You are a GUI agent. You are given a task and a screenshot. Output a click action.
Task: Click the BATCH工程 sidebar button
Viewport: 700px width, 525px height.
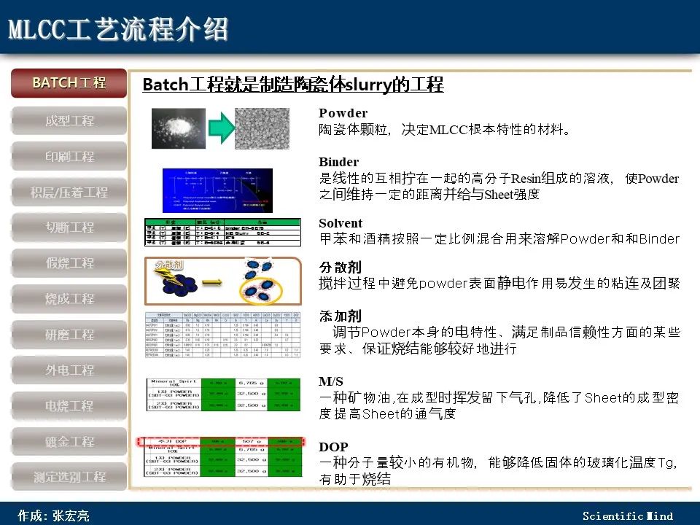pyautogui.click(x=69, y=83)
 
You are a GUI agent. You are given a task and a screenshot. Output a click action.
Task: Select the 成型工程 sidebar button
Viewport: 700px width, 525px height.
pyautogui.click(x=69, y=120)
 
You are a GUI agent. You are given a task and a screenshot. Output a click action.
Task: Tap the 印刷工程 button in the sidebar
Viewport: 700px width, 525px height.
pyautogui.click(x=69, y=156)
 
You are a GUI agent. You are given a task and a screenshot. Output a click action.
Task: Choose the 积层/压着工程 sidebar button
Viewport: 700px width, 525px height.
pyautogui.click(x=69, y=192)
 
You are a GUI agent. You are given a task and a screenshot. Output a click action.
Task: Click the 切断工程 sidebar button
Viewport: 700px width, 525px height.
pyautogui.click(x=69, y=227)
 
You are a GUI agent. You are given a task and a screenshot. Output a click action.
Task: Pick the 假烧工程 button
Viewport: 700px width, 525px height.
pyautogui.click(x=69, y=262)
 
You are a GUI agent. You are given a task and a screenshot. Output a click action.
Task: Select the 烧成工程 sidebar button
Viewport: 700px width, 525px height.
pyautogui.click(x=69, y=298)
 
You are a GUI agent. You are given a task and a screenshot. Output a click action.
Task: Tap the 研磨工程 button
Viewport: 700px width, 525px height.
pyautogui.click(x=69, y=334)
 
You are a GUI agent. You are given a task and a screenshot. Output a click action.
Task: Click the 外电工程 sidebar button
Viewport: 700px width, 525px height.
pyautogui.click(x=69, y=370)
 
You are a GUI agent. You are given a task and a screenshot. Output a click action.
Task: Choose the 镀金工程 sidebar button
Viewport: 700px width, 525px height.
pyautogui.click(x=69, y=441)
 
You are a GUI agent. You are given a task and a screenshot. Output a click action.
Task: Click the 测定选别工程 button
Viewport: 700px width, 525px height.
pyautogui.click(x=69, y=477)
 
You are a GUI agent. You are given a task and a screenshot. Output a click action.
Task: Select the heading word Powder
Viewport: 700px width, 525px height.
pyautogui.click(x=343, y=113)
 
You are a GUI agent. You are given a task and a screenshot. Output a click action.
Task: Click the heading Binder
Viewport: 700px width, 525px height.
pyautogui.click(x=338, y=161)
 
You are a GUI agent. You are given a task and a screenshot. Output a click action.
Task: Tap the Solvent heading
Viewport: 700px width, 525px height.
pyautogui.click(x=341, y=223)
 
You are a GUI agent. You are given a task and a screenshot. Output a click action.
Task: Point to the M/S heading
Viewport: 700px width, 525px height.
pyautogui.click(x=331, y=381)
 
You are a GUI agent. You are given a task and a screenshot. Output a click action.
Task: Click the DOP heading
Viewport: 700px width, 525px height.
pyautogui.click(x=333, y=446)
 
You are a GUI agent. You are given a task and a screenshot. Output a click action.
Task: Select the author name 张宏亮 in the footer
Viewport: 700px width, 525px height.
pyautogui.click(x=71, y=516)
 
